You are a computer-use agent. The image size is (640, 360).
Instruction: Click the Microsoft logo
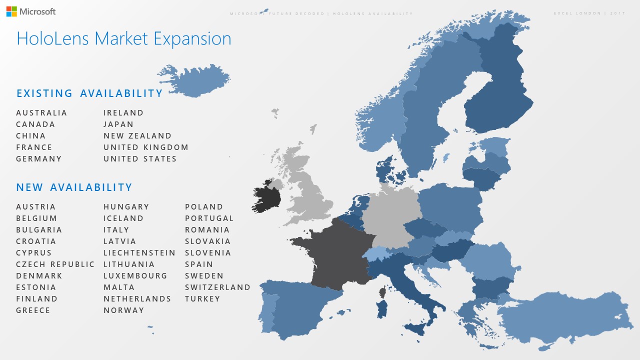click(31, 11)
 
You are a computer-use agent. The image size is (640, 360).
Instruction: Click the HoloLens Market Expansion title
click(123, 39)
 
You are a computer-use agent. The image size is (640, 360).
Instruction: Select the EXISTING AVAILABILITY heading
click(89, 93)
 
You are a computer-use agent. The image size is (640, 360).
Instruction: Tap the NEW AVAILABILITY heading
click(74, 187)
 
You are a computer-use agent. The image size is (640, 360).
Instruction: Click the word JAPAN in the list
click(118, 124)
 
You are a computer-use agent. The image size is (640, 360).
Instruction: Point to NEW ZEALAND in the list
click(137, 136)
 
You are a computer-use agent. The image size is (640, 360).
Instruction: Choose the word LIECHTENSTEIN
click(139, 253)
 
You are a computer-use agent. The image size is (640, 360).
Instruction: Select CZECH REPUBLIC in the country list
click(55, 264)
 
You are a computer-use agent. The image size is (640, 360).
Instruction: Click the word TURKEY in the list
click(202, 299)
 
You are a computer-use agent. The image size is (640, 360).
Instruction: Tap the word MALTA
click(119, 287)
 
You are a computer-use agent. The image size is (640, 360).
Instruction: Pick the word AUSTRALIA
click(41, 113)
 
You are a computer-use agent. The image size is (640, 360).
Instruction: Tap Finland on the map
click(497, 95)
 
